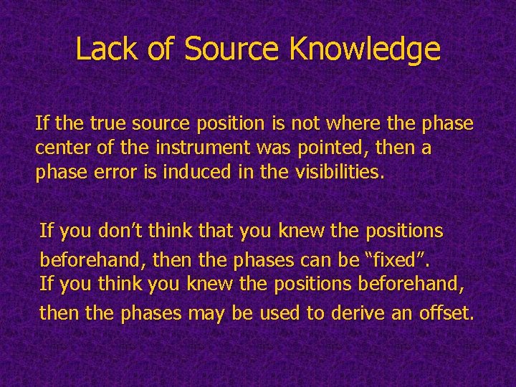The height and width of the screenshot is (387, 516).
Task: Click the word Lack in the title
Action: (105, 49)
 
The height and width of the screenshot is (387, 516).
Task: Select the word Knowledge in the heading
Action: (365, 49)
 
